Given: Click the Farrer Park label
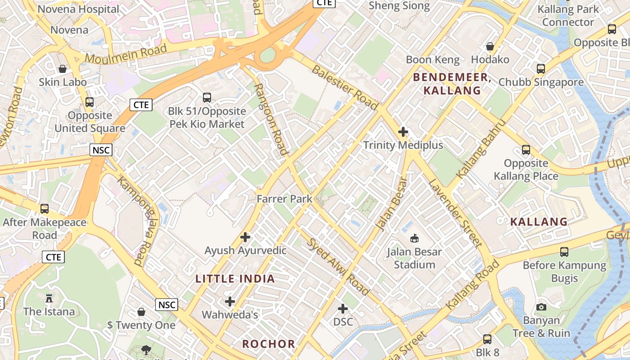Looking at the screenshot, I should [284, 198].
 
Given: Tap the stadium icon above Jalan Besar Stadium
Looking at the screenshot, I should [414, 238].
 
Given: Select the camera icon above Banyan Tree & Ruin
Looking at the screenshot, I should [541, 307].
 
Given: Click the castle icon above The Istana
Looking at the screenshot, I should [49, 298].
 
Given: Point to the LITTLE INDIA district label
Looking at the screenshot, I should [235, 279].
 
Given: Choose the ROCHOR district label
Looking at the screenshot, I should [269, 344].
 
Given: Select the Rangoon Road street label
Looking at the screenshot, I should [271, 120].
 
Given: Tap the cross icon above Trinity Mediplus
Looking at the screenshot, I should [403, 132].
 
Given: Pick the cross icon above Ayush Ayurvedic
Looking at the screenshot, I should [245, 237].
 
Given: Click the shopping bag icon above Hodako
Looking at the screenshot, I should [490, 46].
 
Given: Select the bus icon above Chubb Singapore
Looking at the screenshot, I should [541, 69].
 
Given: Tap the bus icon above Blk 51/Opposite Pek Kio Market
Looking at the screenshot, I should [207, 97].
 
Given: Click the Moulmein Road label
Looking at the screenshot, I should [126, 53].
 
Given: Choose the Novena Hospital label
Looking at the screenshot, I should [79, 9].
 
